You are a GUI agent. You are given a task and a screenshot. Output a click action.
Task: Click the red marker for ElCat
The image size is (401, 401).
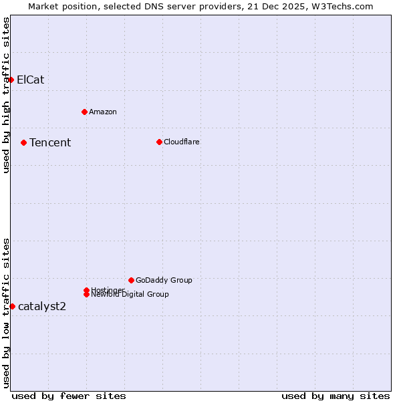(11, 80)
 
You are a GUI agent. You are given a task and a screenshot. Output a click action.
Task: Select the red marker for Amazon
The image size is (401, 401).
(84, 112)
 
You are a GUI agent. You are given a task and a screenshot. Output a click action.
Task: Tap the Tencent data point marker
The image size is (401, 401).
(23, 142)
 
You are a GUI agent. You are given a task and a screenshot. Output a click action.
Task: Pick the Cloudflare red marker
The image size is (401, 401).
(159, 142)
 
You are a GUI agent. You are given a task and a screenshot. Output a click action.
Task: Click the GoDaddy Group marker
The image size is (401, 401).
(131, 280)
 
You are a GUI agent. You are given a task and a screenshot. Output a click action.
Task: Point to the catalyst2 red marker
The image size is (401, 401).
(12, 306)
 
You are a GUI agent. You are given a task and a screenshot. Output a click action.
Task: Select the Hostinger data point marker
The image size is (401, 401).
(87, 290)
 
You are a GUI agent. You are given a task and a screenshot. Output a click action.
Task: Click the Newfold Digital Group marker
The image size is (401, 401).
(87, 295)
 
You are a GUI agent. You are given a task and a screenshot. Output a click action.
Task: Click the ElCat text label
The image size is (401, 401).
(31, 80)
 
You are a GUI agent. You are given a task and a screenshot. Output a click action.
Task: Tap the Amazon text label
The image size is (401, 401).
(103, 112)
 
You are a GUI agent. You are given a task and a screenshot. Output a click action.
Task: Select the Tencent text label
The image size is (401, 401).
(50, 142)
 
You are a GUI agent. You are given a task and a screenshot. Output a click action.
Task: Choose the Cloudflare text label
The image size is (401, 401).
(182, 142)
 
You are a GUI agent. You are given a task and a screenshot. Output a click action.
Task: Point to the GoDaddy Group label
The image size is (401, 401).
(164, 280)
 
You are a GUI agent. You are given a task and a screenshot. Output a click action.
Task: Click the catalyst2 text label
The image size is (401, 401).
(42, 306)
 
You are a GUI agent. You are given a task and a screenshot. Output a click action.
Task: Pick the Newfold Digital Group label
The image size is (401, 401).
(130, 295)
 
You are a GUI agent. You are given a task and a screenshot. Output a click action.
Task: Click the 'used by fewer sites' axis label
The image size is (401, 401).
(69, 396)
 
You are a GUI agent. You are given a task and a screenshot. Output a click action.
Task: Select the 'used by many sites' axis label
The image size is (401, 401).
(336, 396)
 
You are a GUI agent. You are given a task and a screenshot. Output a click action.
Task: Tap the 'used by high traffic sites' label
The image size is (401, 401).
(7, 96)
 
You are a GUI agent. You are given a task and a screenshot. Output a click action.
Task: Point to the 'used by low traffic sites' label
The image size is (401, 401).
(7, 313)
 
